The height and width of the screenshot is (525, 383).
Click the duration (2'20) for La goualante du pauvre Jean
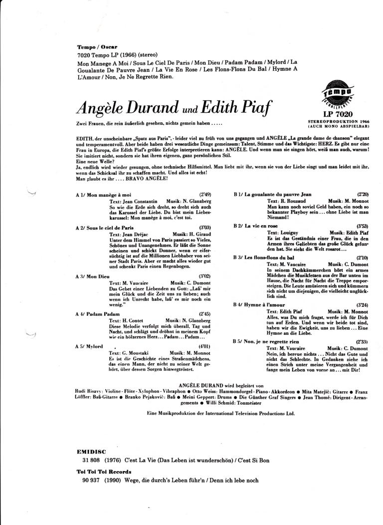(363, 194)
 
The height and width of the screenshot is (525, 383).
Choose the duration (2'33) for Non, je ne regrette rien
(363, 341)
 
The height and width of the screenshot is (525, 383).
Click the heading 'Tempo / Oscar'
(97, 46)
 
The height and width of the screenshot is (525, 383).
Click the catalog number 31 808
(92, 460)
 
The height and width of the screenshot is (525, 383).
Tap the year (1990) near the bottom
(112, 480)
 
